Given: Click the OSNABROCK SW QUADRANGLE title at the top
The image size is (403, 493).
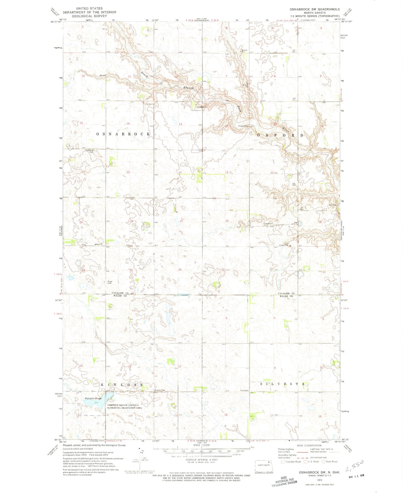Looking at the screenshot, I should point(315,9).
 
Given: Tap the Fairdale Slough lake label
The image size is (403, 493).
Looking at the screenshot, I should point(93,398).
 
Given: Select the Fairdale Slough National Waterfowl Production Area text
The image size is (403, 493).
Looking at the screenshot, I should point(123,406).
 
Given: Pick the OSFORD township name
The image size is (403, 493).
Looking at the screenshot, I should point(280,135).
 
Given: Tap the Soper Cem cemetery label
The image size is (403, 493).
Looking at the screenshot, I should point(110,282).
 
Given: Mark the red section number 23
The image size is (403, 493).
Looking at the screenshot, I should point(128,172).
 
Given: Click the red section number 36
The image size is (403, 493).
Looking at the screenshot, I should point(180,270).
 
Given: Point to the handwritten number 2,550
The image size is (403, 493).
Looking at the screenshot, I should point(354,465).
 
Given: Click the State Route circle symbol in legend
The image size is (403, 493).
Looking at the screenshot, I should point(324,461).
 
